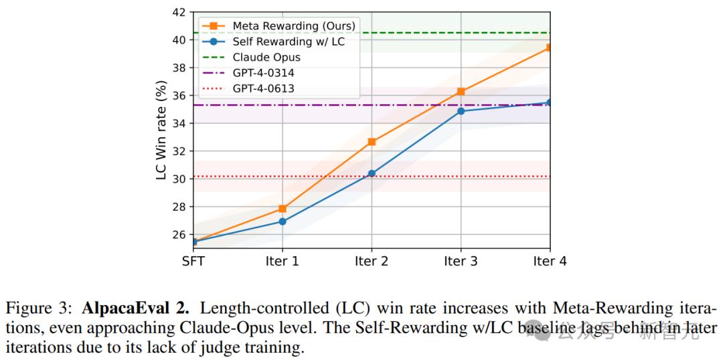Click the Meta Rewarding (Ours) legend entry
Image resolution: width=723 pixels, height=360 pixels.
pyautogui.click(x=293, y=26)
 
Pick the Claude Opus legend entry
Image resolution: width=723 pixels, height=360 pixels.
pyautogui.click(x=266, y=58)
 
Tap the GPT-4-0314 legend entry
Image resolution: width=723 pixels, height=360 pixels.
pyautogui.click(x=263, y=73)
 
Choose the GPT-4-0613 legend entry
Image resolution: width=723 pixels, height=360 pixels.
pyautogui.click(x=263, y=88)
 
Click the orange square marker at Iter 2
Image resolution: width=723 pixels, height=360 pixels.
pyautogui.click(x=372, y=142)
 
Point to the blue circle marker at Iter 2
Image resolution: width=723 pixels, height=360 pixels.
pyautogui.click(x=372, y=173)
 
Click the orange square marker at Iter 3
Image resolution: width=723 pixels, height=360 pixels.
pyautogui.click(x=461, y=92)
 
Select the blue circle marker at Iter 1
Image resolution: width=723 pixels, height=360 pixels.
pyautogui.click(x=283, y=221)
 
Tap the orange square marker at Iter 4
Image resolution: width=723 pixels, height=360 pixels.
pyautogui.click(x=549, y=48)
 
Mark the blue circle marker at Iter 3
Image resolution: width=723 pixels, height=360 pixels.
pyautogui.click(x=461, y=111)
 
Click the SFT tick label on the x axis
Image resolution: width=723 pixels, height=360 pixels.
pyautogui.click(x=193, y=262)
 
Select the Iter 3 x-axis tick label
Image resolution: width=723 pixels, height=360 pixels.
pyautogui.click(x=461, y=262)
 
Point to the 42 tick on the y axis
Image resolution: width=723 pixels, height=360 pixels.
pyautogui.click(x=178, y=12)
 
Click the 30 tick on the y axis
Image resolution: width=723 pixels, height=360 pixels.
pyautogui.click(x=178, y=179)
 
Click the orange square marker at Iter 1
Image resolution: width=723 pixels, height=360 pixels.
pyautogui.click(x=283, y=209)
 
